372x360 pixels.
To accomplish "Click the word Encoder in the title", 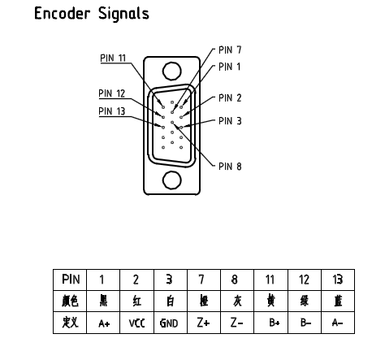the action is (x=62, y=13).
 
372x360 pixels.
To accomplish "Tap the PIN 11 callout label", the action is (x=113, y=58).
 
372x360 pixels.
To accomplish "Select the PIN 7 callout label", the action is (x=230, y=50).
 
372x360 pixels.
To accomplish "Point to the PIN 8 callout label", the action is (x=230, y=167).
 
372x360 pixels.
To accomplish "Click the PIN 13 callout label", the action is (x=112, y=111).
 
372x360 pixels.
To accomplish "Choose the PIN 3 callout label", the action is (x=230, y=121).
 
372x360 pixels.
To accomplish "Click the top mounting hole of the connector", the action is (x=172, y=71).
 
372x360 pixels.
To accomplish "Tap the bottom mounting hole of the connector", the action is (x=172, y=180).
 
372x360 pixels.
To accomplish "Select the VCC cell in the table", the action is (x=136, y=323).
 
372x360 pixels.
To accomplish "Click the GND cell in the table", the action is (x=171, y=323).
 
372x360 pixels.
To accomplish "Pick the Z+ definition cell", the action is (x=204, y=323).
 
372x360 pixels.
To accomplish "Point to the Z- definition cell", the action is (x=237, y=323).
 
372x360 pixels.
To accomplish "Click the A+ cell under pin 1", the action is (x=103, y=323).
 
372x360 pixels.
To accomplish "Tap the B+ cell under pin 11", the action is (x=271, y=323).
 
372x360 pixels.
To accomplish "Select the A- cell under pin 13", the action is (x=338, y=323).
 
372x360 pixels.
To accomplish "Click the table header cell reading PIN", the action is (x=70, y=280).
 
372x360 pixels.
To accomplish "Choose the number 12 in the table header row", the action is (x=305, y=280).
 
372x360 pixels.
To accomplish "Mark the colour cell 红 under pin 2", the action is (x=136, y=301).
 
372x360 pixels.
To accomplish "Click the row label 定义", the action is (x=70, y=323).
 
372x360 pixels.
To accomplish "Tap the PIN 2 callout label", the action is (x=230, y=98).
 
